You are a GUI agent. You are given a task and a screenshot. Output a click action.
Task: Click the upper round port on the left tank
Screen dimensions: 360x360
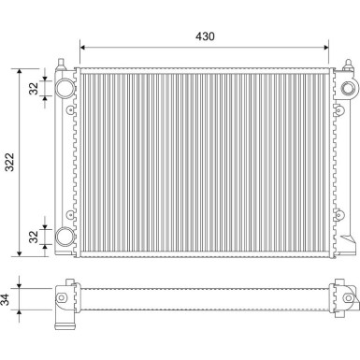(65, 87)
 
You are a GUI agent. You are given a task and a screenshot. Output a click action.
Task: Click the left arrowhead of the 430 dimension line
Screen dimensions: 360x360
(85, 46)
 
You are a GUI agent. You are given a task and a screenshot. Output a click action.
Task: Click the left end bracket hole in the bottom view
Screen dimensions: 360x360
(61, 298)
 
